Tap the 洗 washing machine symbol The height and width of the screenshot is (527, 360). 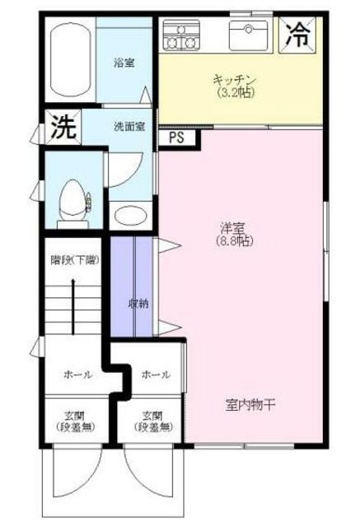[x=59, y=128]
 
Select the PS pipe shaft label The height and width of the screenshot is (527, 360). [x=176, y=138]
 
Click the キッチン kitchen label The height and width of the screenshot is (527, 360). [x=236, y=80]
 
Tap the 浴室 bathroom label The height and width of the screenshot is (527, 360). [x=124, y=62]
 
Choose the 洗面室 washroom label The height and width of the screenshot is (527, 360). [x=129, y=127]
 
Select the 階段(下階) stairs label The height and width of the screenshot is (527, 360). [x=74, y=260]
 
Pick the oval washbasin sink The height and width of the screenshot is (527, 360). [x=129, y=217]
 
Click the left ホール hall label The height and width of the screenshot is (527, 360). [x=77, y=375]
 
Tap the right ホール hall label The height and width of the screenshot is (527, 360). [x=156, y=375]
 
